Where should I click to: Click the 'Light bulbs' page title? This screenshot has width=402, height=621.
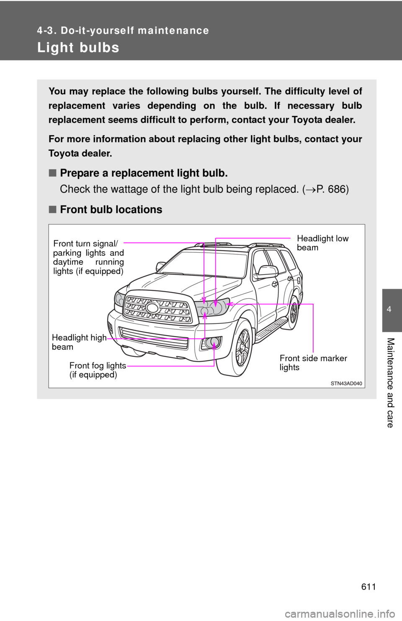pyautogui.click(x=78, y=48)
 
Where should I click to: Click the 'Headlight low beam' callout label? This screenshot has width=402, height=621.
pyautogui.click(x=322, y=243)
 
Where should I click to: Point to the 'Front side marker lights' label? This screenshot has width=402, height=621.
pyautogui.click(x=313, y=362)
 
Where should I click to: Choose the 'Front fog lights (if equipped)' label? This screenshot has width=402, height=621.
pyautogui.click(x=98, y=370)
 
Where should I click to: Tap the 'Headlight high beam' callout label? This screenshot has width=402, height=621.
pyautogui.click(x=79, y=342)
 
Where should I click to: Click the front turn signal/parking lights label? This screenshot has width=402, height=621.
pyautogui.click(x=88, y=257)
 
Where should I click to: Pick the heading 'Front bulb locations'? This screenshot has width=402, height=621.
pyautogui.click(x=111, y=210)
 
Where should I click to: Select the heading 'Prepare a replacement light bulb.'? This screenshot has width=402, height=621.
pyautogui.click(x=144, y=173)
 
